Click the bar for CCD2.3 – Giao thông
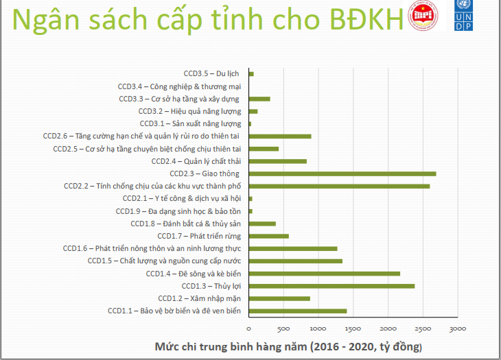point(342,173)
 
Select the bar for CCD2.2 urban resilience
point(339,186)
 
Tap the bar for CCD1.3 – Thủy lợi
point(331,285)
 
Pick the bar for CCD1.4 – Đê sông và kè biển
point(324,274)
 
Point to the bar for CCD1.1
point(297,311)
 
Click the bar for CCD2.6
point(279,136)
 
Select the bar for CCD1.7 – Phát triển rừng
point(268,236)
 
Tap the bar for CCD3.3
point(259,99)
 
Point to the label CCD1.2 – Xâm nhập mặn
point(199,298)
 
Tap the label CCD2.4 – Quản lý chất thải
point(196,161)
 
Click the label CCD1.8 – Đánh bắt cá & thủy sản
point(185,224)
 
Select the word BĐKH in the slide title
point(369,21)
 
